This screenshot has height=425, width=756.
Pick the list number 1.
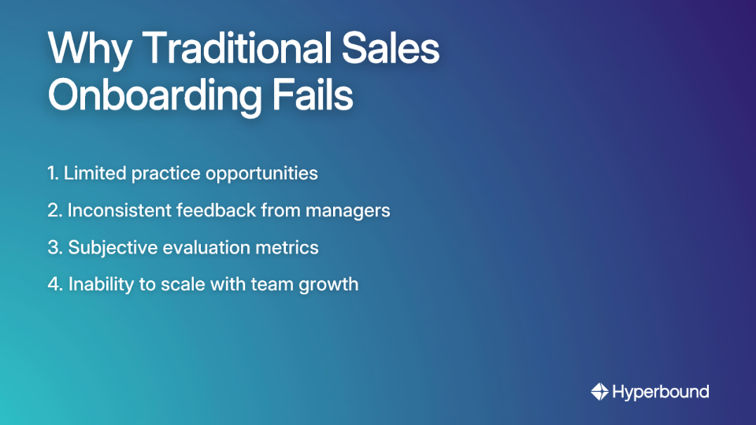click(x=52, y=173)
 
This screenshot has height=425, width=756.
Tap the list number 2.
click(x=54, y=210)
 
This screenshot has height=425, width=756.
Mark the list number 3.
click(x=54, y=247)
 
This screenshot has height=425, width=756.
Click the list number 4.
click(x=54, y=284)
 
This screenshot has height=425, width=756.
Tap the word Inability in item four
click(x=98, y=285)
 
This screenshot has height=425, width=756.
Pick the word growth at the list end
click(x=329, y=285)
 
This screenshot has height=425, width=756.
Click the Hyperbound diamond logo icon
click(x=599, y=391)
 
